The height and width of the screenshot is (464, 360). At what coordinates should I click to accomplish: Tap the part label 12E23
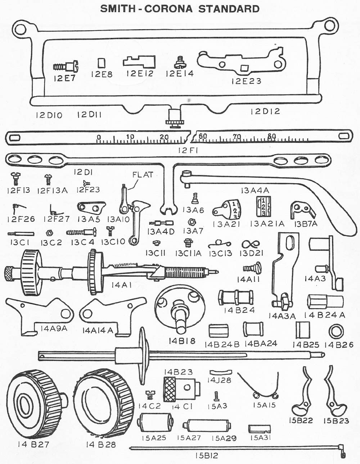coord(246,81)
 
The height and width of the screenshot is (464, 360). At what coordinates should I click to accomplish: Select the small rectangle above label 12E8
coord(102,63)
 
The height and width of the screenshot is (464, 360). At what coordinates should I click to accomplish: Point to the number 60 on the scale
coord(203,136)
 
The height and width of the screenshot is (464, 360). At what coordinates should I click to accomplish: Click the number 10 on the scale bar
coord(130,137)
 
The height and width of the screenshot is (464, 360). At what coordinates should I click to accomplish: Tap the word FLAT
coord(143,175)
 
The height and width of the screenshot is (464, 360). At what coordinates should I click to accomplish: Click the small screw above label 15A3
coord(216,396)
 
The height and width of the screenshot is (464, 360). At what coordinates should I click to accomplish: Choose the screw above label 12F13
coord(16,177)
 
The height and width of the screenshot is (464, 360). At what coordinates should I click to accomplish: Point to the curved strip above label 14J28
coord(219,371)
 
